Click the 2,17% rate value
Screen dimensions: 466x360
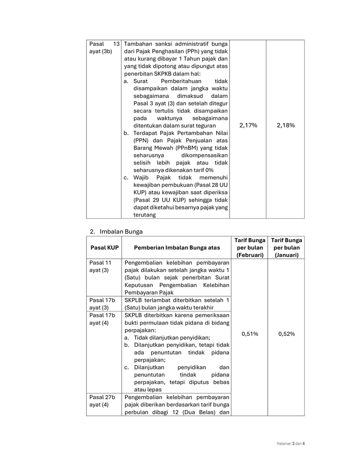click(248, 125)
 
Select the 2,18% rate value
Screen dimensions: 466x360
click(285, 125)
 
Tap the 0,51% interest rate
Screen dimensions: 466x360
click(248, 334)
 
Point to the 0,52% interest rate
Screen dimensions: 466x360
click(285, 334)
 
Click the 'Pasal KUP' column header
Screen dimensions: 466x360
click(104, 248)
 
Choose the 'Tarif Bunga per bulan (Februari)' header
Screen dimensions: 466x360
click(250, 247)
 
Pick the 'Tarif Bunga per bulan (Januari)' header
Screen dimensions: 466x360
click(286, 247)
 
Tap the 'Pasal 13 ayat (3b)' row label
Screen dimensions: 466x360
click(104, 48)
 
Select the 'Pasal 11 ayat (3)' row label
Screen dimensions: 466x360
click(101, 267)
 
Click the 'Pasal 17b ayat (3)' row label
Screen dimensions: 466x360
click(102, 304)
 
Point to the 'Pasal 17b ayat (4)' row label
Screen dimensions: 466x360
click(102, 319)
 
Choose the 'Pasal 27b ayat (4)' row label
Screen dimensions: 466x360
click(102, 401)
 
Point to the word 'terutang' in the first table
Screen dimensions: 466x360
click(145, 215)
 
